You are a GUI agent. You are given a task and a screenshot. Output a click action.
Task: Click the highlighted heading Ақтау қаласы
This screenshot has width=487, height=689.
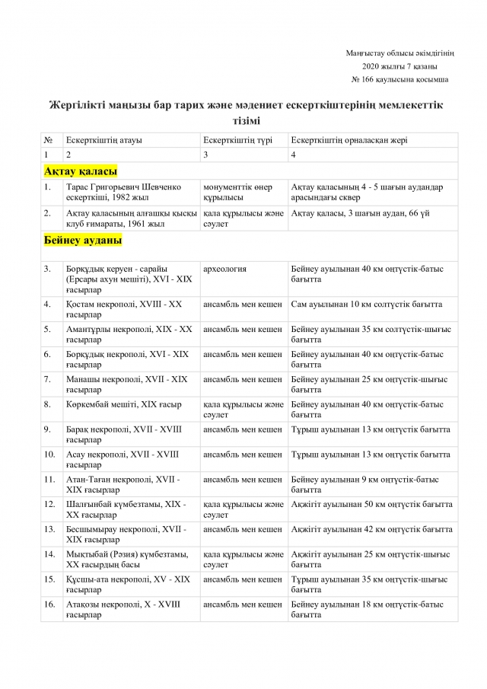[x=81, y=171]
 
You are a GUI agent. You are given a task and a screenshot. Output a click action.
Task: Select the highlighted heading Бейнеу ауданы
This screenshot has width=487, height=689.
[x=83, y=241]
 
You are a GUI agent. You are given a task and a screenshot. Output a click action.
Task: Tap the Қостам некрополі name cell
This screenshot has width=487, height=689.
[x=124, y=309]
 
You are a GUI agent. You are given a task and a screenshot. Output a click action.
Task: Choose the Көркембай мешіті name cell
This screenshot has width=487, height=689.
[x=113, y=404]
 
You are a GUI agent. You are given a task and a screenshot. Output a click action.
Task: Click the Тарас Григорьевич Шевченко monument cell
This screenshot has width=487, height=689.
[x=123, y=192]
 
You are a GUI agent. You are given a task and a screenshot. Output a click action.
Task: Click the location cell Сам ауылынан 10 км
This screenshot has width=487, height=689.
[x=366, y=305]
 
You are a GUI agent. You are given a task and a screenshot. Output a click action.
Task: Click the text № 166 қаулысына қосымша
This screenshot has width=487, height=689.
[x=399, y=79]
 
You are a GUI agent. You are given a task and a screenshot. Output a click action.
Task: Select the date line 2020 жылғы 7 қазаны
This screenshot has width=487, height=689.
[x=399, y=66]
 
